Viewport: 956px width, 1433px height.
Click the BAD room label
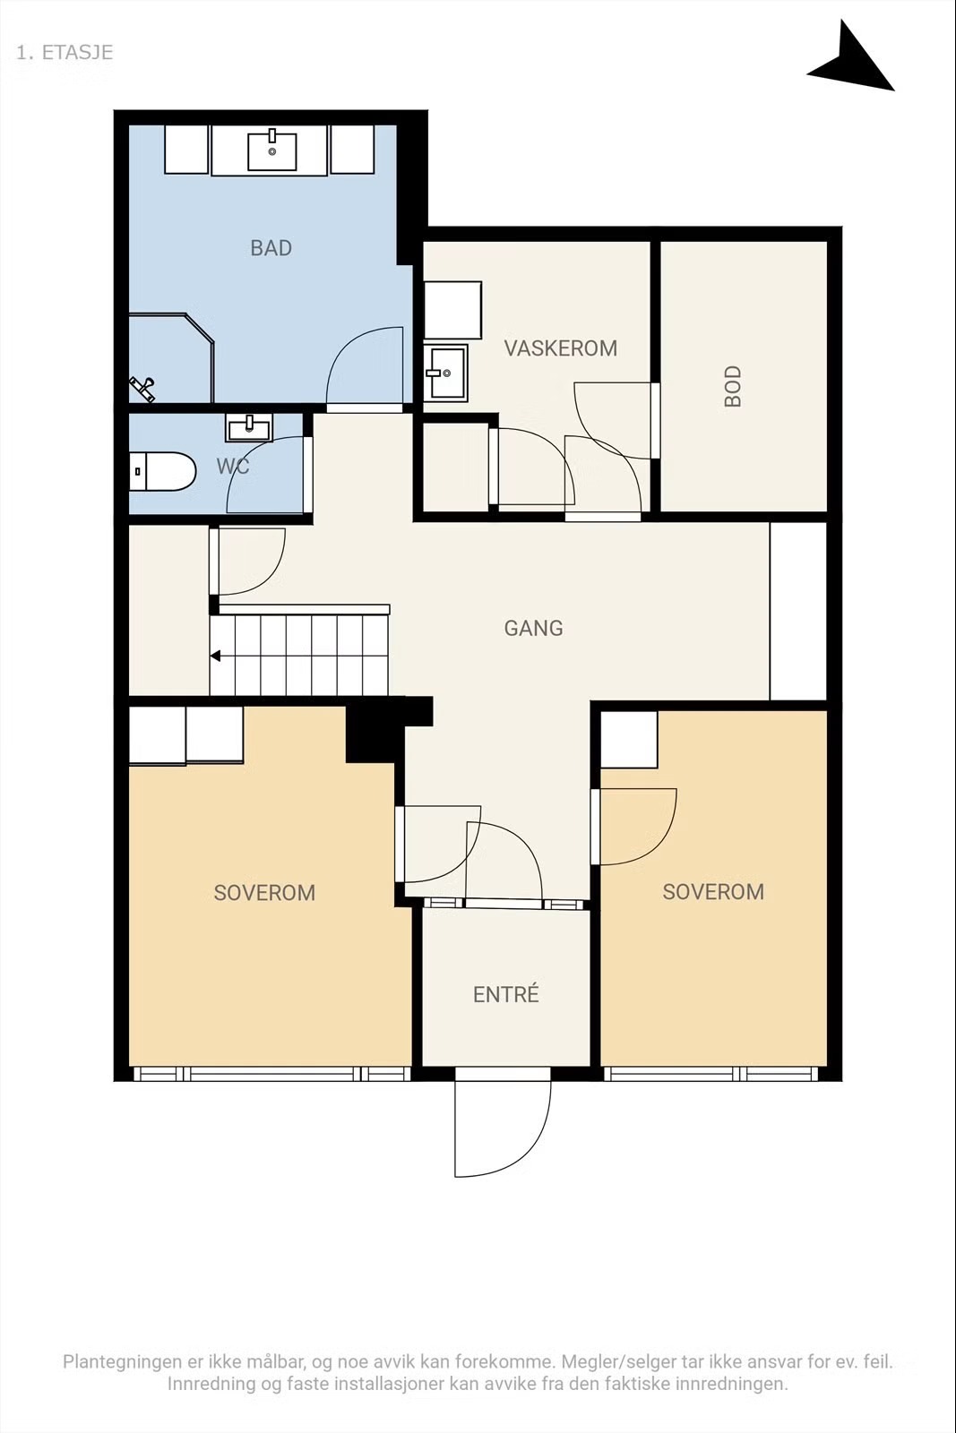tap(271, 247)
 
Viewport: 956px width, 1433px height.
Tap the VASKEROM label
tap(561, 348)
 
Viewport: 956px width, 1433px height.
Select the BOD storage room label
tap(733, 386)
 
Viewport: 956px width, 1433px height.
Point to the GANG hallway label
tap(534, 628)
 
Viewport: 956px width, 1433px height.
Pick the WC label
tap(232, 467)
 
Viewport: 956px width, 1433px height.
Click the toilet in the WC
tap(162, 471)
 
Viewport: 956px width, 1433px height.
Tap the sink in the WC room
tap(248, 427)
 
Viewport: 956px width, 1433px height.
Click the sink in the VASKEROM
tap(445, 372)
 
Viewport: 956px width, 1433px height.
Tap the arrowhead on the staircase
tap(216, 656)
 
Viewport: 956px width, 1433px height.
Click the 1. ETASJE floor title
tap(64, 53)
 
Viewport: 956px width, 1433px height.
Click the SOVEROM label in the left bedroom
tap(264, 892)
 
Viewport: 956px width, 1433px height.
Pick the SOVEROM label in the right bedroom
tap(713, 892)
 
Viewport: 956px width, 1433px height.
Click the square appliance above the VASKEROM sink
tap(453, 310)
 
